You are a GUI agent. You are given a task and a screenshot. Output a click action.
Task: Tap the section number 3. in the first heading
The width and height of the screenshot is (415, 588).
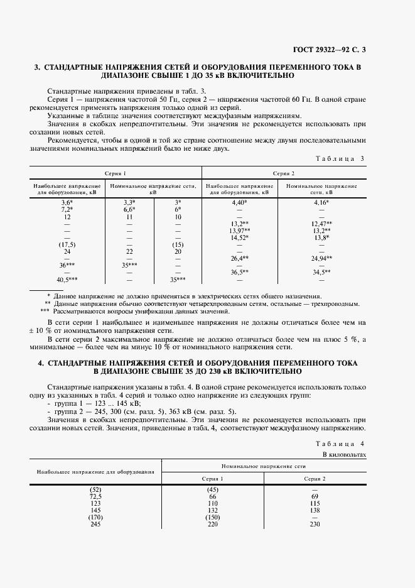[x=36, y=67]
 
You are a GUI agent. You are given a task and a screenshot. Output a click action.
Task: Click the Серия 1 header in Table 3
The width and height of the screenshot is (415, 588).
[x=115, y=173]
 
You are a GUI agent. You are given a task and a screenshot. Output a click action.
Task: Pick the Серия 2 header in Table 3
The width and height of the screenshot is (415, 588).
[x=283, y=173]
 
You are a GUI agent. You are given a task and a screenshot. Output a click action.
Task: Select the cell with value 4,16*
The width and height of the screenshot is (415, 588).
[x=321, y=203]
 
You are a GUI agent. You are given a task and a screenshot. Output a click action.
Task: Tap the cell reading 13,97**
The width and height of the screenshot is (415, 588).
[x=240, y=231]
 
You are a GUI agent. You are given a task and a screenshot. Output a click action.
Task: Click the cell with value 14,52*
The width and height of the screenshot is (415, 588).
[x=240, y=237]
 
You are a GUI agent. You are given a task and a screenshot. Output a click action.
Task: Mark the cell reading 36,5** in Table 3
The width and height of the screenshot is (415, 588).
[x=240, y=272]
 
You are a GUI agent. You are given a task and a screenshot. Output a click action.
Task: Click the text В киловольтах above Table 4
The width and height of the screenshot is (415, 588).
[x=343, y=453]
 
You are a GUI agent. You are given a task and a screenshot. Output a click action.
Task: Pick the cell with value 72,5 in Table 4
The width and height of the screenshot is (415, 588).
[x=95, y=496]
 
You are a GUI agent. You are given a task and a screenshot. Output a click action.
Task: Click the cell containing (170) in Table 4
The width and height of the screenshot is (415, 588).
[x=95, y=517]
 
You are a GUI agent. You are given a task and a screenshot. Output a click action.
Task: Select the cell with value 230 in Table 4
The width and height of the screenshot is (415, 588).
[x=315, y=524]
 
